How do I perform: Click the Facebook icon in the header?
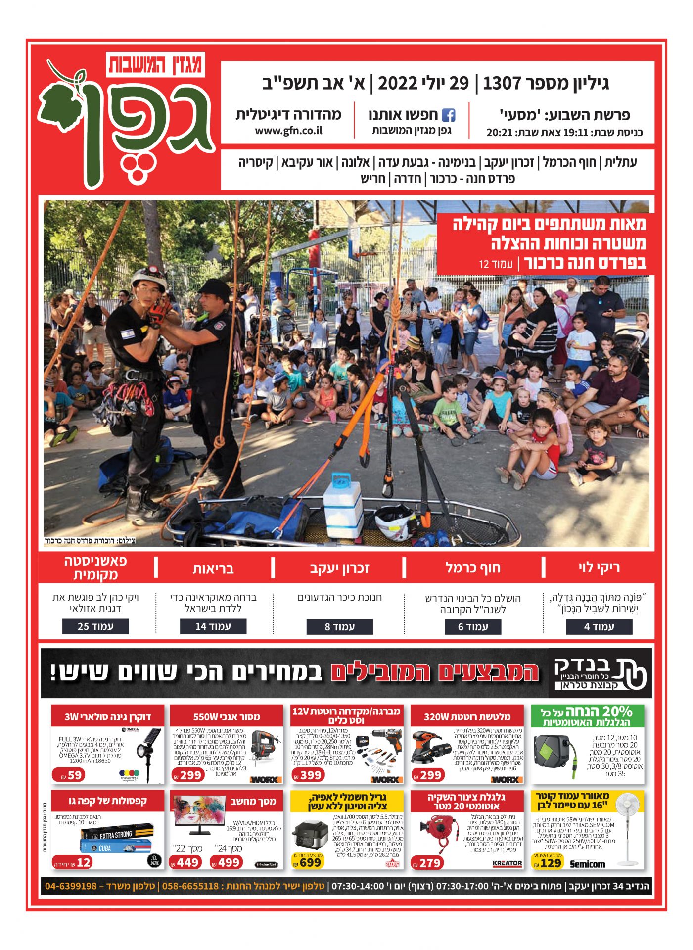point(448,115)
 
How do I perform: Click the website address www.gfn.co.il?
point(288,131)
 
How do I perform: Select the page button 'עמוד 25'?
point(95,626)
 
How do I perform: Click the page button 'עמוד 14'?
point(213,626)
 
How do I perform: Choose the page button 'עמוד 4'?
point(599,627)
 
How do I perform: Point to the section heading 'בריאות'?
point(213,569)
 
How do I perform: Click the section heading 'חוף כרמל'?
point(473,568)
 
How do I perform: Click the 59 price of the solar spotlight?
point(69,775)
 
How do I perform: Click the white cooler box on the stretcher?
point(343,506)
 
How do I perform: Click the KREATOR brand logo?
point(507,863)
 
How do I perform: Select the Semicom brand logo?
point(587,864)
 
